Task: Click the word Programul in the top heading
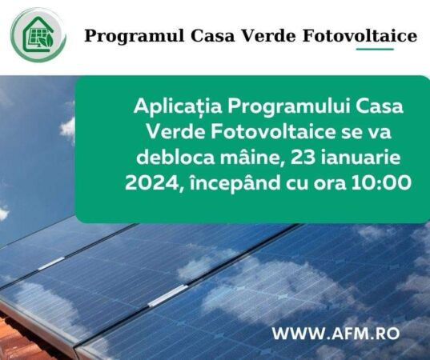point(122,36)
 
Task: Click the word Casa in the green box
point(377,107)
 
